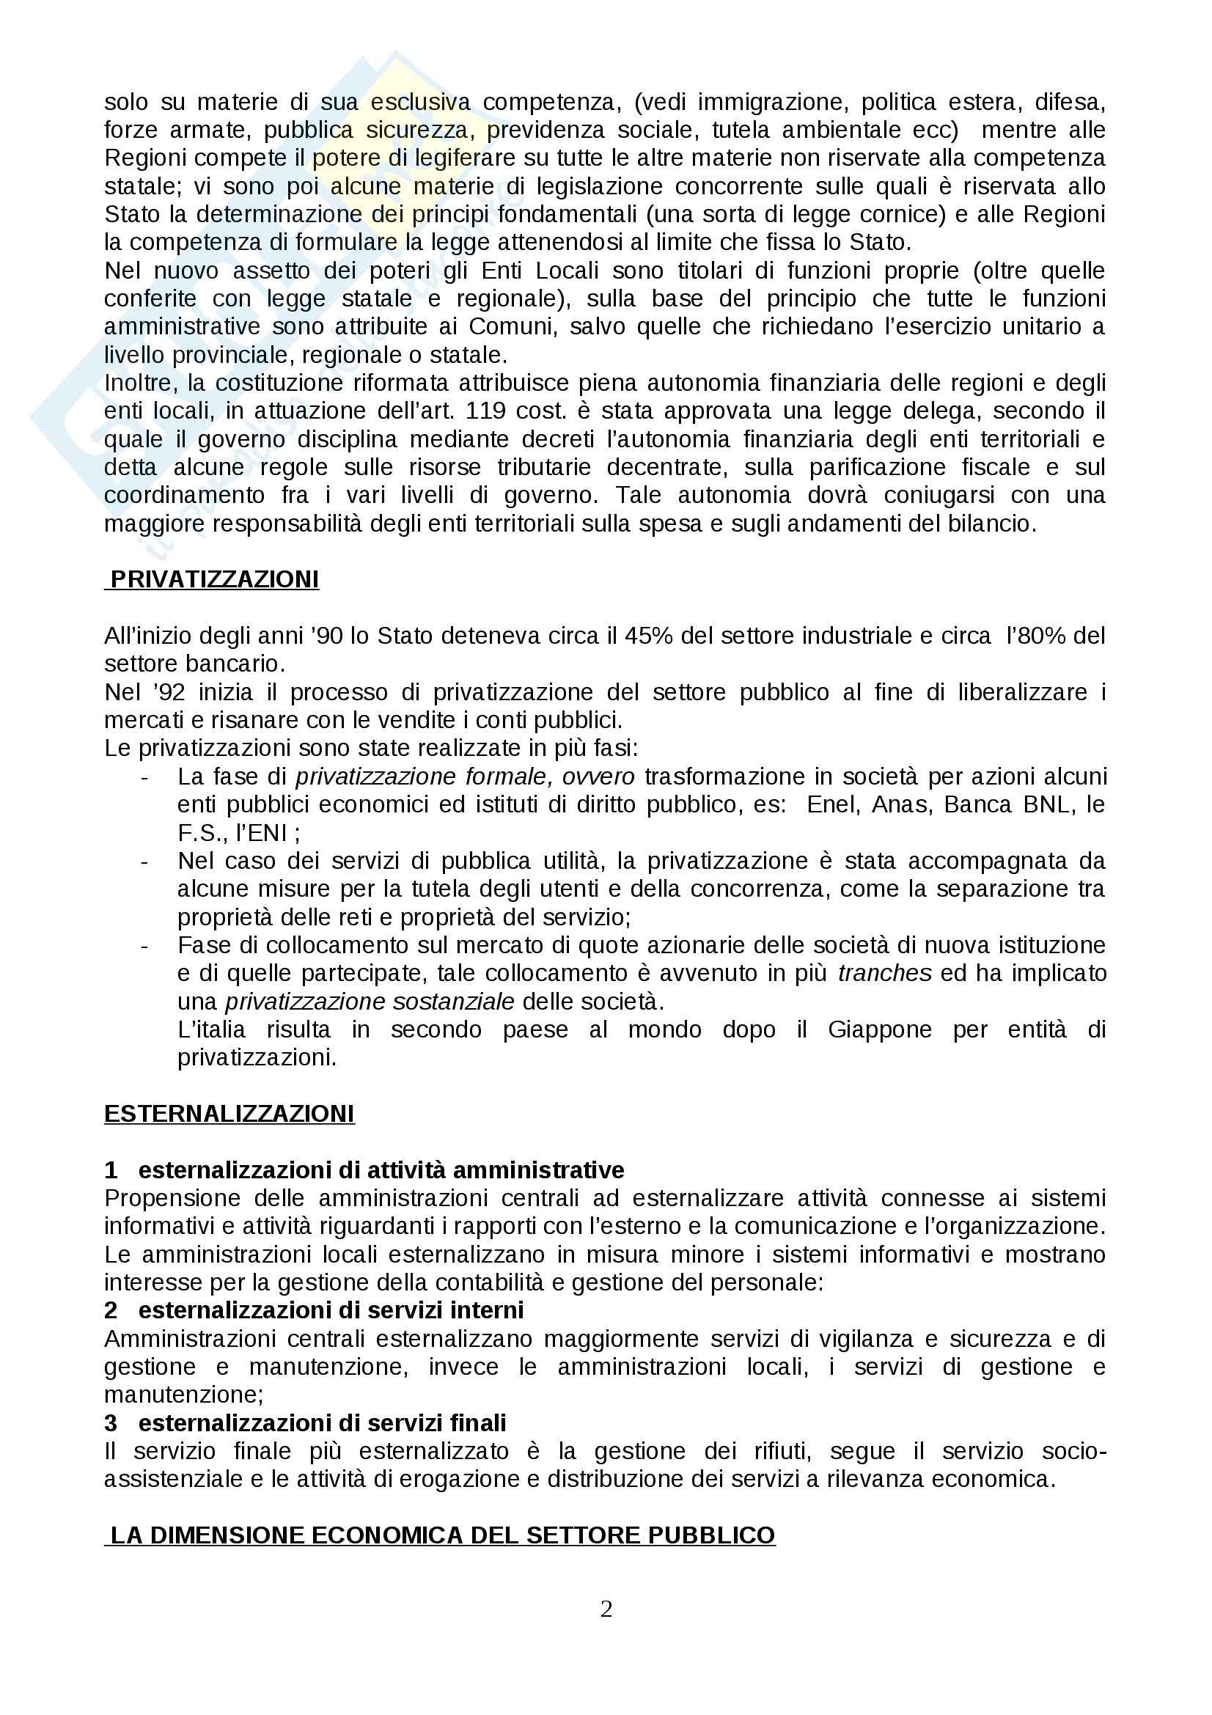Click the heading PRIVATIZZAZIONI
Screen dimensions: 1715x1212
point(214,580)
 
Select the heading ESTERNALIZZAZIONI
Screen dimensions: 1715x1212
point(229,1114)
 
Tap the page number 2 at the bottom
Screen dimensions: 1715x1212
point(606,1608)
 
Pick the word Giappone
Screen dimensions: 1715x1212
point(880,1029)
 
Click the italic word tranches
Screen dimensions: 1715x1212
point(885,973)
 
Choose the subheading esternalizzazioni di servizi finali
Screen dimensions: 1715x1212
point(322,1423)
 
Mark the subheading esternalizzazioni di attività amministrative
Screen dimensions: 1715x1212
point(381,1169)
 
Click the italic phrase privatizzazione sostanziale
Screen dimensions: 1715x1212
point(370,1002)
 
